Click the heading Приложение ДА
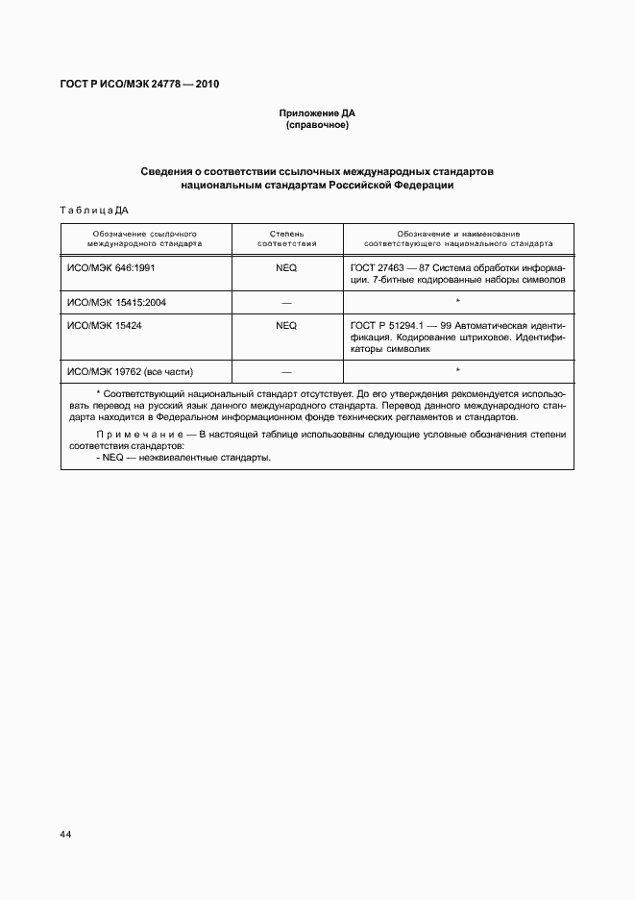point(317,113)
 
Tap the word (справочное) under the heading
point(317,125)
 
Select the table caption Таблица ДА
point(94,210)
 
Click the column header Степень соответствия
point(286,238)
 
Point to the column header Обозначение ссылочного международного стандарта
point(146,238)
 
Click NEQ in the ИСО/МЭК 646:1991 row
point(286,267)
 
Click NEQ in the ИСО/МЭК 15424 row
point(286,325)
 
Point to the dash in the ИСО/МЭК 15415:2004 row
point(286,302)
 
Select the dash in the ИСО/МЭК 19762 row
point(286,371)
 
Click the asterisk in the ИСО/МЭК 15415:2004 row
point(457,301)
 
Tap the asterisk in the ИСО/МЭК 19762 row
point(457,370)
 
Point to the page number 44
point(66,834)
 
